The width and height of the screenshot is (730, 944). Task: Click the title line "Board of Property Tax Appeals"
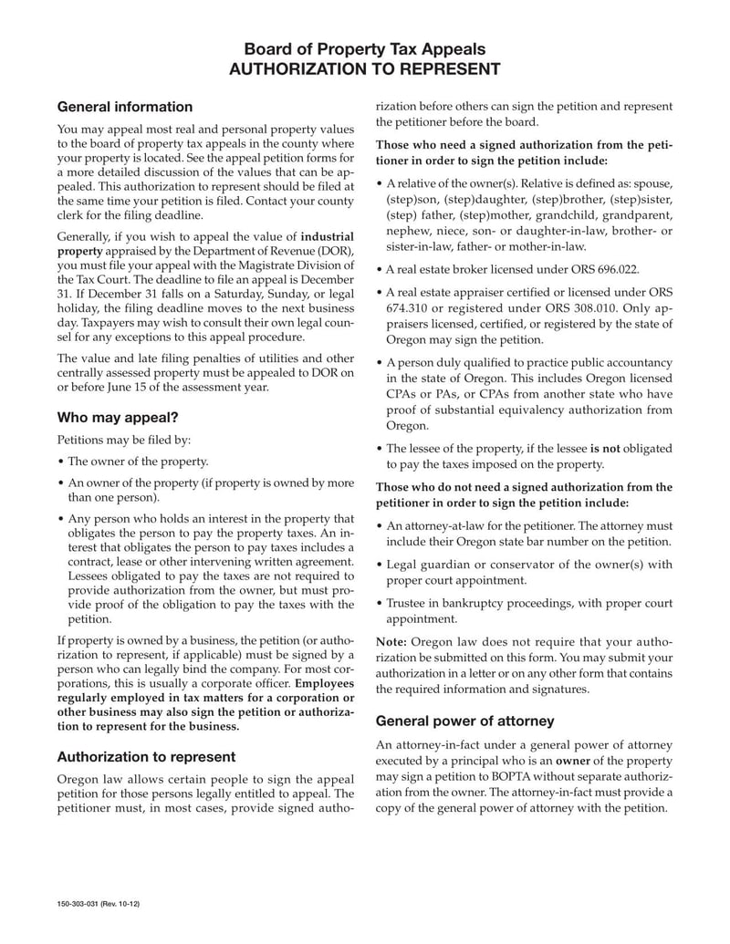coord(364,49)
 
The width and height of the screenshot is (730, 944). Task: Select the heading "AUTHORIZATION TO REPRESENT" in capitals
coord(364,70)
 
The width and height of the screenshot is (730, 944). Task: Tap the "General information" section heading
coord(125,108)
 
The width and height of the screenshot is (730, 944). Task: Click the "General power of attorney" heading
coord(465,721)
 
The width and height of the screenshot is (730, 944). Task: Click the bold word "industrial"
coord(328,236)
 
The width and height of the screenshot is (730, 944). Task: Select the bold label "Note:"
coord(391,641)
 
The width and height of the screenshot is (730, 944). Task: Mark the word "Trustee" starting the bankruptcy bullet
coord(408,603)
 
